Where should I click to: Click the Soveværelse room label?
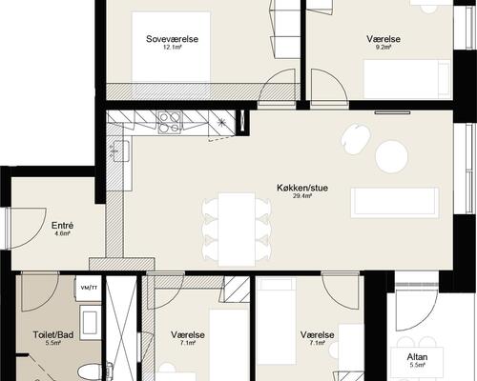tap(172, 38)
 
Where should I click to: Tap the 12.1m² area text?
tap(172, 48)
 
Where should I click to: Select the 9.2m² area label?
tap(384, 48)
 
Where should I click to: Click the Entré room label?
tap(63, 226)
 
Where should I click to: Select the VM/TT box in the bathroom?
tap(89, 287)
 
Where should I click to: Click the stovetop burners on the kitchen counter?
tap(170, 121)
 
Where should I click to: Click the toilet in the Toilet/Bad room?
tap(85, 369)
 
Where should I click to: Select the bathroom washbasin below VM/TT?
tap(89, 318)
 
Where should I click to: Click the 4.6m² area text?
tap(63, 235)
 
